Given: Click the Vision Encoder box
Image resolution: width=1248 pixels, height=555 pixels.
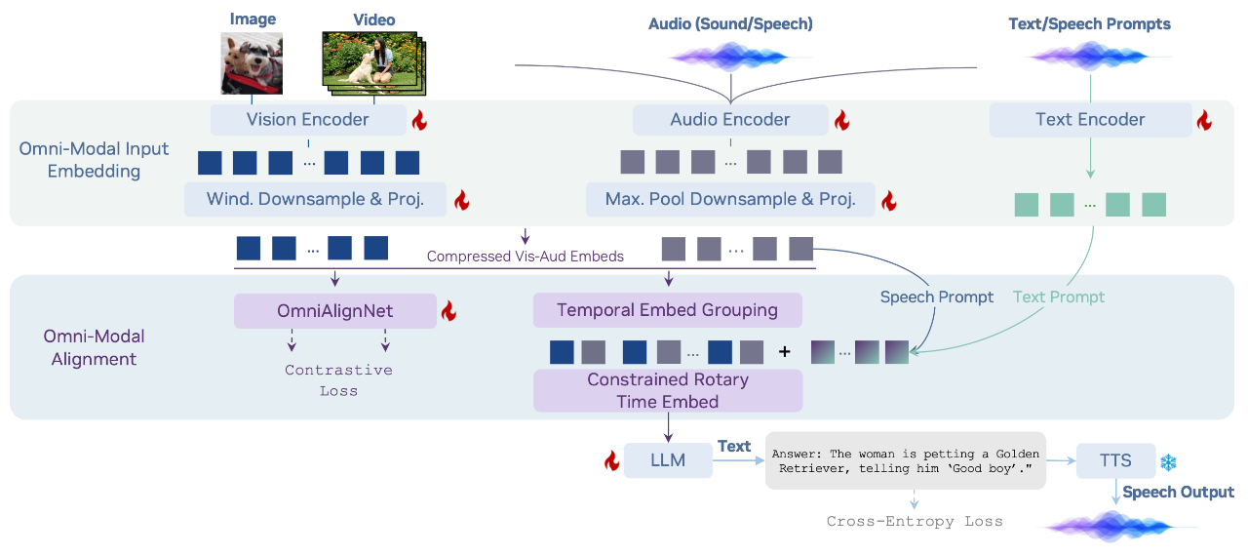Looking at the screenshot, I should [x=308, y=120].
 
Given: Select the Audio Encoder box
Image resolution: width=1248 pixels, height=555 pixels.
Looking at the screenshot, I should [x=729, y=120].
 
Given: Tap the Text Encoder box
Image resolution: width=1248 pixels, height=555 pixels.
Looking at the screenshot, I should [x=1090, y=120].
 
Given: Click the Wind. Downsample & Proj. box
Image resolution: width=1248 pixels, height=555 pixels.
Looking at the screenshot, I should [x=315, y=199].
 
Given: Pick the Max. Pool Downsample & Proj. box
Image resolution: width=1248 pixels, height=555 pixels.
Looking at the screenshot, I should [x=729, y=199].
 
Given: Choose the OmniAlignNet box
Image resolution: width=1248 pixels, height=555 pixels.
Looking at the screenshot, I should [x=334, y=311].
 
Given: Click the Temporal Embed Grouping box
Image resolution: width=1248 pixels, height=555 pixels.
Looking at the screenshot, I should [x=667, y=311].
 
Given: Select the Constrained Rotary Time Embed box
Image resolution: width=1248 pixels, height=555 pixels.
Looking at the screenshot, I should [x=667, y=390].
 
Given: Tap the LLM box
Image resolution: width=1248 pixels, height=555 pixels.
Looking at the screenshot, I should [x=668, y=459].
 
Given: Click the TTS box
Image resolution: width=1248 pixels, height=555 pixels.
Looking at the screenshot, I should [x=1115, y=460].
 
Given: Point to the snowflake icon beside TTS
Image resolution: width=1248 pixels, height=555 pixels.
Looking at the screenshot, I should [x=1168, y=461].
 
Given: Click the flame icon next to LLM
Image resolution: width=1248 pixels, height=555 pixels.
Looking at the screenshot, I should [x=612, y=460].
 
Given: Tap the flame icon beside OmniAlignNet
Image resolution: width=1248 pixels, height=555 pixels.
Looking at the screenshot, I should [x=448, y=311].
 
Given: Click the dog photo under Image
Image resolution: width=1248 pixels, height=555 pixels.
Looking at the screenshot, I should [x=252, y=63].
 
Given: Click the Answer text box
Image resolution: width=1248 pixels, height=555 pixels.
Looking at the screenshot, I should [x=905, y=460].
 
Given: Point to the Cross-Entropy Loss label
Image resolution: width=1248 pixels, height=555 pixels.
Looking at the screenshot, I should [x=915, y=521].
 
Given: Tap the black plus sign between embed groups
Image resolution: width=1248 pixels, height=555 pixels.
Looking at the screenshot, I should [x=784, y=352].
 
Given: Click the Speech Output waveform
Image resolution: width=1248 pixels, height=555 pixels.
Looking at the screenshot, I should [x=1121, y=527].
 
